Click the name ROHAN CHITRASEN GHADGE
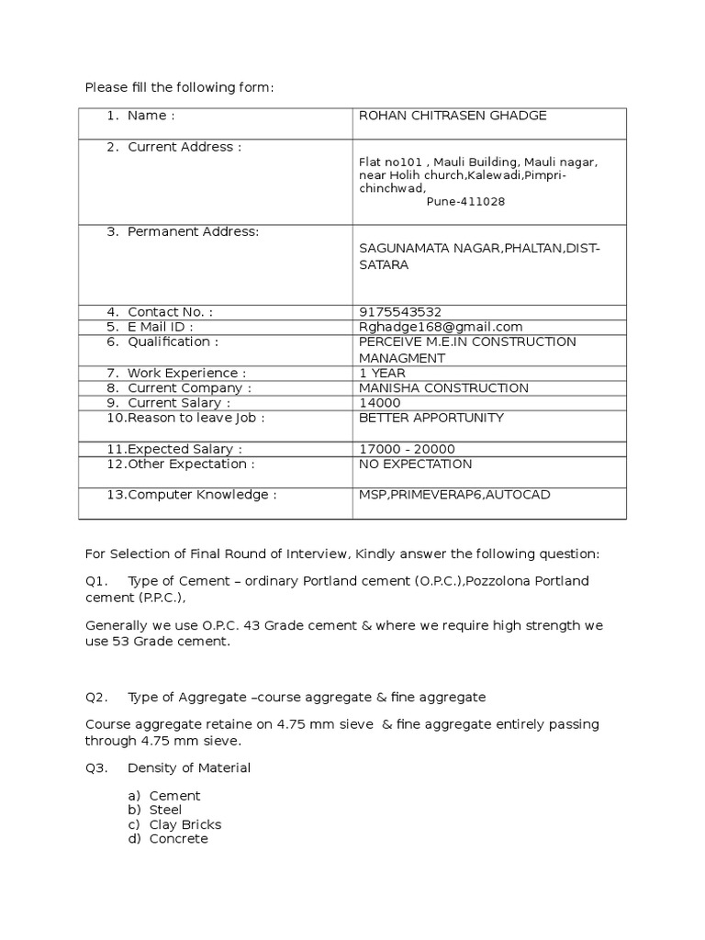coord(453,116)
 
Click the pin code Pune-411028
coord(465,202)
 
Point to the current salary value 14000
coord(380,403)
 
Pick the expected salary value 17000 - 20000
coord(407,449)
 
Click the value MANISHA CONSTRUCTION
coord(443,388)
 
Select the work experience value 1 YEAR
coord(383,374)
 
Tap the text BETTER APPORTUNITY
coord(431,418)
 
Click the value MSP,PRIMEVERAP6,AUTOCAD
coord(454,495)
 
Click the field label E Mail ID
coord(161,327)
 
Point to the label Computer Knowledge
coord(201,495)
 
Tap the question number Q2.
coord(96,698)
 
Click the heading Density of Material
coord(189,767)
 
